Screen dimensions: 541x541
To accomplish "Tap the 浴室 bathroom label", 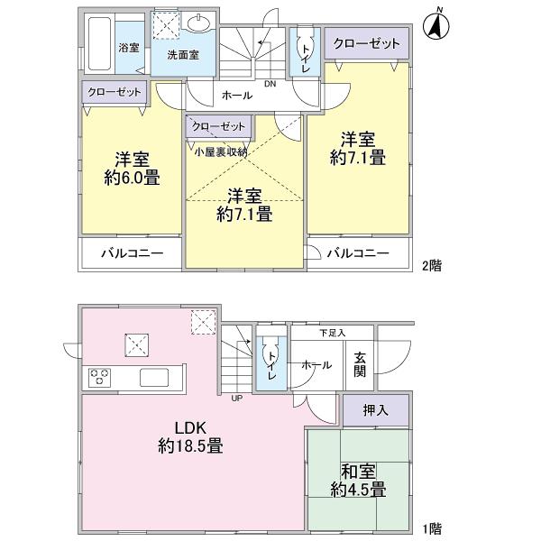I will [129, 47].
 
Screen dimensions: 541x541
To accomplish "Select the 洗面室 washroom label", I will [183, 54].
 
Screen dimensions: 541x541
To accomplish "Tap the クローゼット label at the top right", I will [367, 43].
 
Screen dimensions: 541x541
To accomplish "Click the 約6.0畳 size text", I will [132, 177].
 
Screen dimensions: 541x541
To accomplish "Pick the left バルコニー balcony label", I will [132, 254].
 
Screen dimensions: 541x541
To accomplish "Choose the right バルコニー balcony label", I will [358, 254].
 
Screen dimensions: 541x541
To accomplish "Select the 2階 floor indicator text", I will [431, 267].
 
